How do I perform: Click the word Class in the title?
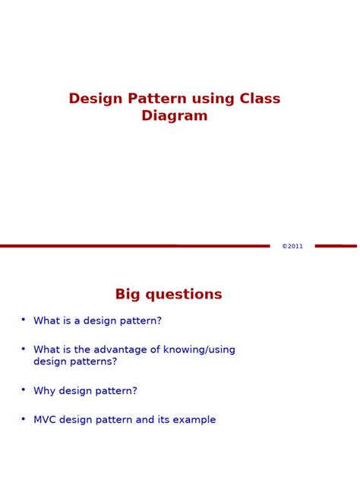260,99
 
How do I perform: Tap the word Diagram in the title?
175,116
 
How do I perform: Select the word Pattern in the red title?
145,99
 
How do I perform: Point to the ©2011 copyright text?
292,246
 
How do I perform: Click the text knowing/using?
200,350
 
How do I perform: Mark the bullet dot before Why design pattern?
24,389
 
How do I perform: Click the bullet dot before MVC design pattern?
24,418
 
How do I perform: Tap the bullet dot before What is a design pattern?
24,319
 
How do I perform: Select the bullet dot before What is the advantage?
24,348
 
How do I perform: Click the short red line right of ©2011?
335,246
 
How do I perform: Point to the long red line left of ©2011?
134,246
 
